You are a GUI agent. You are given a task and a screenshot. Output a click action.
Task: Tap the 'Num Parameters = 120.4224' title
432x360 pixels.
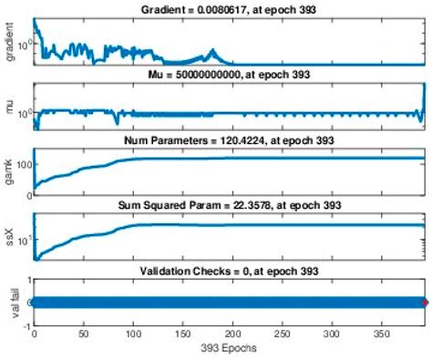pyautogui.click(x=231, y=139)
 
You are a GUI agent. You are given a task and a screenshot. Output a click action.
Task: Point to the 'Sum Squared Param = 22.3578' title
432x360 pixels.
pyautogui.click(x=231, y=205)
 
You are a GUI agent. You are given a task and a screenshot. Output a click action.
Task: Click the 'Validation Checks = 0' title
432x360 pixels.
pyautogui.click(x=231, y=271)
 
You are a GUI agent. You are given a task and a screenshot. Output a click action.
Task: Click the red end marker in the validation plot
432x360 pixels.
pyautogui.click(x=424, y=303)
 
